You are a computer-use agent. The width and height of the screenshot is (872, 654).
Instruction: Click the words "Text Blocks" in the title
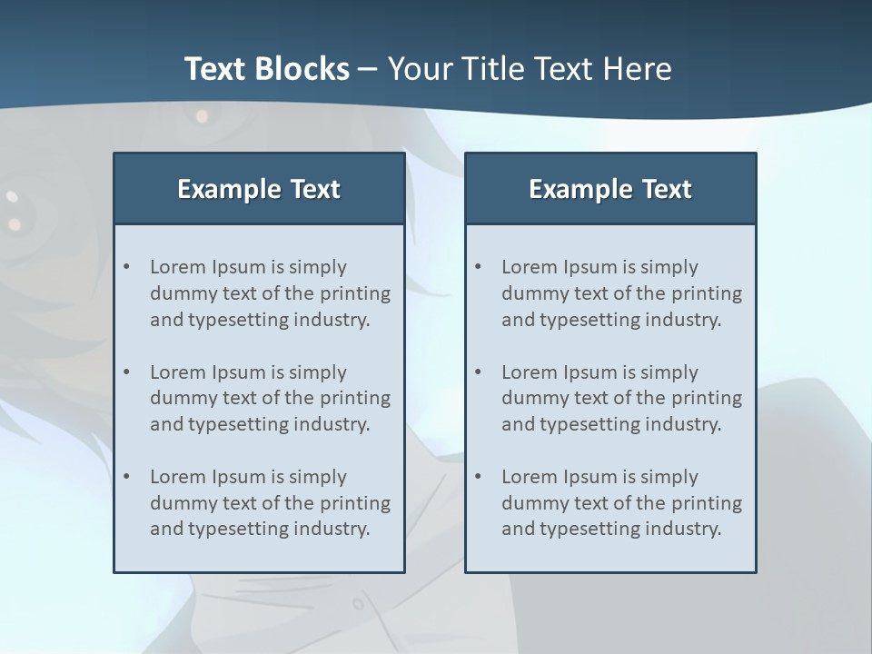point(266,69)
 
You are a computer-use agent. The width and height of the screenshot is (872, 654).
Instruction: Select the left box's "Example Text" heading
point(259,189)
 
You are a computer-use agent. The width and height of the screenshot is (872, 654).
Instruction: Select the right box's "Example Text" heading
point(610,189)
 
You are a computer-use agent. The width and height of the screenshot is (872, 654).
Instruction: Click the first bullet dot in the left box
point(127,267)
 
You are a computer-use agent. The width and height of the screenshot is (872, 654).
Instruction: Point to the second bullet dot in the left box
point(127,372)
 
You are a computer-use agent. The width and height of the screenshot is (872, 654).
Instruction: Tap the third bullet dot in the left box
point(127,477)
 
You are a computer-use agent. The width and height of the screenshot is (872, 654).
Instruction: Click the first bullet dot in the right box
point(479,267)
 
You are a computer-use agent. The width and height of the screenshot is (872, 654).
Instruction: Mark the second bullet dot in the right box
point(479,372)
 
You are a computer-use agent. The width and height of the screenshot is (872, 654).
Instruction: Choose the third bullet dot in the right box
point(479,477)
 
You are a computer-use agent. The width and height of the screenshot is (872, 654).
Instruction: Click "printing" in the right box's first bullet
point(705,293)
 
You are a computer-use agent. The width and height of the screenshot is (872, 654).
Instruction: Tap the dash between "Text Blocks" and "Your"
point(368,70)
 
